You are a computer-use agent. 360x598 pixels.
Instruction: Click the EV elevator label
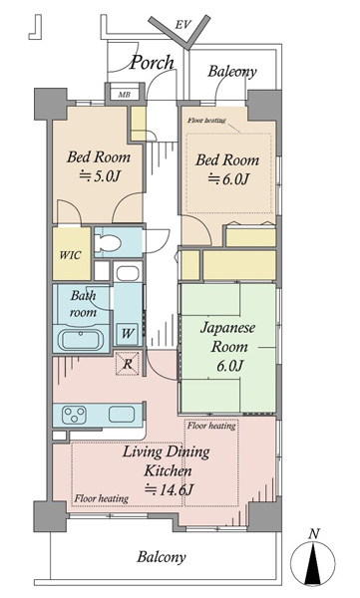coord(182,25)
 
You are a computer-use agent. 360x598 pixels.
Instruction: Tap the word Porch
coord(152,63)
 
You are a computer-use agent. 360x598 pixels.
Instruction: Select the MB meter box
coord(124,95)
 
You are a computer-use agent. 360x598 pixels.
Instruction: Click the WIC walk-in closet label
coord(71,255)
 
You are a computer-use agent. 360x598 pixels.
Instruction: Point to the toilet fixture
coord(108,242)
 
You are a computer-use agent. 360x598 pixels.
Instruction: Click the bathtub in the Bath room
coord(81,339)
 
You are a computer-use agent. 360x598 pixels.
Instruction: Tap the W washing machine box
coord(128,333)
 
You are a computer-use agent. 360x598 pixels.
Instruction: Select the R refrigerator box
coord(128,364)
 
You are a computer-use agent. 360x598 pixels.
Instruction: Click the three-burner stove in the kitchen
coord(74,416)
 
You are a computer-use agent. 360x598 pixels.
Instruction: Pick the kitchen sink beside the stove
coord(122,415)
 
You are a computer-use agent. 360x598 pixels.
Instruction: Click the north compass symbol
coord(313,562)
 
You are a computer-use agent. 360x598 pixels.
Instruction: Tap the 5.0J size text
coord(100,176)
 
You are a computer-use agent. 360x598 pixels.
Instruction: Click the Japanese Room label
coord(228,337)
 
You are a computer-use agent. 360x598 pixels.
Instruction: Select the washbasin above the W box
coord(128,273)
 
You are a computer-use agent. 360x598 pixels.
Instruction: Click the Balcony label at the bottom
coord(162,557)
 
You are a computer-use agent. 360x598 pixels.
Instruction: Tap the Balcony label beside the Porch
coord(232,72)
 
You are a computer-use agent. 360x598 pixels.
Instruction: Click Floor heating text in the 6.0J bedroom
coord(206,121)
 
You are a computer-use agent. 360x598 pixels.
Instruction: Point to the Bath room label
coord(83,304)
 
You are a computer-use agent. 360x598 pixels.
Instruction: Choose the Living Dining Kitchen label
coord(167,461)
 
